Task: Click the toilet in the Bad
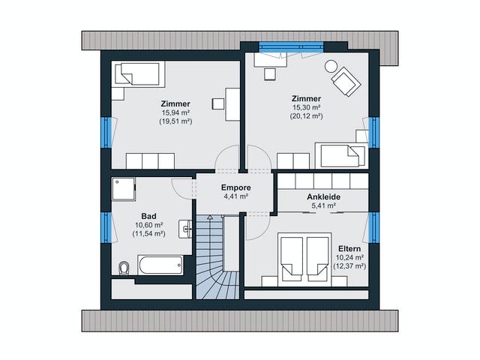point(124,268)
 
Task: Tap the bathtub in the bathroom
point(160,265)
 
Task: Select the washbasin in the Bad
point(185,229)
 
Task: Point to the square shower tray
point(123,189)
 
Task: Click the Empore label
point(236,187)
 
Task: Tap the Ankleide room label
point(323,196)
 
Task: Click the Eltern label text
point(349,249)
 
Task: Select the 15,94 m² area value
point(175,112)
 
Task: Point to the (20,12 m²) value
point(306,116)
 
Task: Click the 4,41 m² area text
point(236,196)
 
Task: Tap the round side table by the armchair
point(331,66)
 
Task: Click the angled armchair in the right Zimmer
point(346,82)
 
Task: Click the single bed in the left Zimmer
point(138,73)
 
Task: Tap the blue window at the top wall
point(291,46)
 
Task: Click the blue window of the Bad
point(106,227)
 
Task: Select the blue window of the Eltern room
point(373,227)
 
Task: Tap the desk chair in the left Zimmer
point(218,103)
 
